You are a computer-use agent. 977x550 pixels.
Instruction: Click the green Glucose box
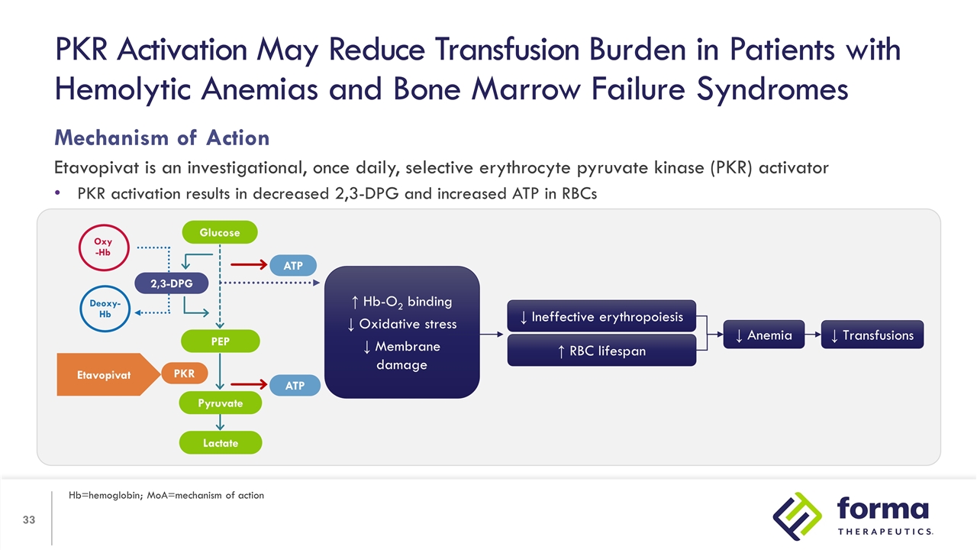[x=220, y=232]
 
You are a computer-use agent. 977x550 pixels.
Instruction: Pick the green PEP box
[x=220, y=341]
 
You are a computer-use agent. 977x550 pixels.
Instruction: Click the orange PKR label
[x=184, y=374]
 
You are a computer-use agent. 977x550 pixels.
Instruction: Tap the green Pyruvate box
[x=220, y=403]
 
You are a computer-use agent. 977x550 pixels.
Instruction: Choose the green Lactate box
[x=220, y=443]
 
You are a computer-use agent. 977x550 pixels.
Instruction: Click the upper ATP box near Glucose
[x=294, y=266]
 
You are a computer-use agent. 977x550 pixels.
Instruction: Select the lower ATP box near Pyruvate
[x=295, y=387]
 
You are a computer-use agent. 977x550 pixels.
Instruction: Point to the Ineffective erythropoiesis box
[x=601, y=316]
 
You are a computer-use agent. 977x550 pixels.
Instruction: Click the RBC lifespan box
[x=601, y=351]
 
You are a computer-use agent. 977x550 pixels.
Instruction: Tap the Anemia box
[x=763, y=335]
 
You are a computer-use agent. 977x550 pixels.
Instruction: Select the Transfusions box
[x=872, y=335]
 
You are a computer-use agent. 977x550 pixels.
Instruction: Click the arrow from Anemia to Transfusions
[x=813, y=335]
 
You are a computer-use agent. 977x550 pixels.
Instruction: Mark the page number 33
[x=29, y=521]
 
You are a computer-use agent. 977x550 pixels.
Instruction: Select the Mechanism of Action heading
[x=161, y=137]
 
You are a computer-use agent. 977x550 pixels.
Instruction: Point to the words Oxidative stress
[x=402, y=324]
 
